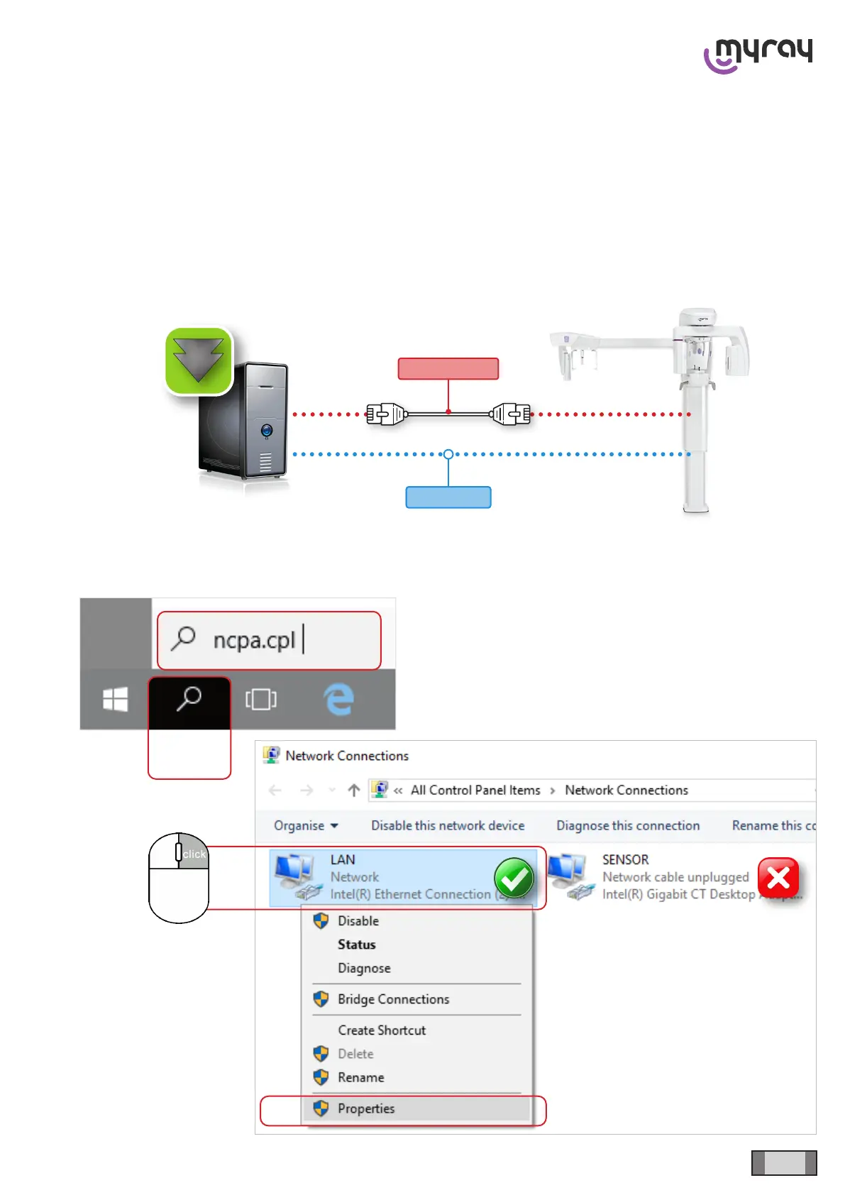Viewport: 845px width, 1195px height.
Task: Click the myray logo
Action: pyautogui.click(x=758, y=55)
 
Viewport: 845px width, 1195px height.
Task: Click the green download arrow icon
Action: pyautogui.click(x=199, y=360)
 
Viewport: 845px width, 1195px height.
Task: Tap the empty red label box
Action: pyautogui.click(x=448, y=369)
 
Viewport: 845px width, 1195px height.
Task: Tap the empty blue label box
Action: pyautogui.click(x=448, y=497)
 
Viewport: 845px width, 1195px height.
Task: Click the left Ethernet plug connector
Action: pyautogui.click(x=386, y=414)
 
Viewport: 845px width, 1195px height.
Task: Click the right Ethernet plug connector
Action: pyautogui.click(x=511, y=414)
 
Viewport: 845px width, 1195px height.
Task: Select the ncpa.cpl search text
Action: pyautogui.click(x=254, y=640)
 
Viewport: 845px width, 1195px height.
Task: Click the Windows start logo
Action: pyautogui.click(x=116, y=700)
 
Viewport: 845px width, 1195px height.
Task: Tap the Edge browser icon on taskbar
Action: pyautogui.click(x=339, y=700)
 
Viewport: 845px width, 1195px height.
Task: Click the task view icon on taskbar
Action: pyautogui.click(x=261, y=700)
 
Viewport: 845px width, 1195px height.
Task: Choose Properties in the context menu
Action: pyautogui.click(x=366, y=1108)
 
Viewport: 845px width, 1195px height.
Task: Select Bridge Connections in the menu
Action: pyautogui.click(x=393, y=999)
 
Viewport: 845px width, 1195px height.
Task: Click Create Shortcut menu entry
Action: pyautogui.click(x=382, y=1030)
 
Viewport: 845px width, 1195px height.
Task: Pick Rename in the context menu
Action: pyautogui.click(x=360, y=1077)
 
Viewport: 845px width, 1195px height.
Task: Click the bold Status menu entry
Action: pyautogui.click(x=356, y=945)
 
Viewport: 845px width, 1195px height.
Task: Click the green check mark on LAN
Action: pyautogui.click(x=514, y=879)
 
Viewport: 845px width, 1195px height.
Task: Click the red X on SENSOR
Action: pyautogui.click(x=778, y=878)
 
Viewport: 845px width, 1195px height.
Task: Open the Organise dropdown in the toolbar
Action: pyautogui.click(x=306, y=826)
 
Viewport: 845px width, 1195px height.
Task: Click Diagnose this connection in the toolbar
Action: pyautogui.click(x=628, y=826)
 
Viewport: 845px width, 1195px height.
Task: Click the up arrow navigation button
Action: pyautogui.click(x=354, y=791)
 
